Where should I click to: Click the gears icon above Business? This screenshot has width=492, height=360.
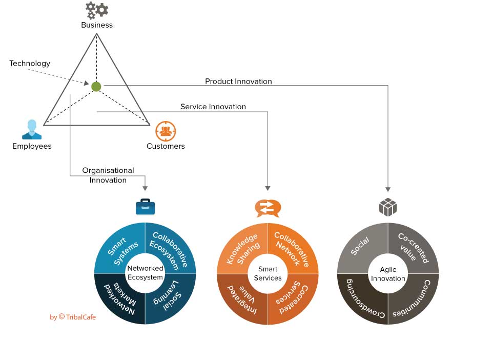click(x=97, y=10)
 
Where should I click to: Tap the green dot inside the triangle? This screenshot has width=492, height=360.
click(x=96, y=87)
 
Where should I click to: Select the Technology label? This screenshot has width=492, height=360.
click(x=30, y=64)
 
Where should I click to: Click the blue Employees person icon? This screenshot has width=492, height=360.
click(x=32, y=130)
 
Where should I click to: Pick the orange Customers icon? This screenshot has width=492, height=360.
click(x=166, y=131)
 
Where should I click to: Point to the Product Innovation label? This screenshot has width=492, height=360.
click(x=238, y=82)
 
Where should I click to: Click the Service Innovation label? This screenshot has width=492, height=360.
click(x=213, y=107)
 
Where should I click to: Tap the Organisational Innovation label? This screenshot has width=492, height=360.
click(x=108, y=175)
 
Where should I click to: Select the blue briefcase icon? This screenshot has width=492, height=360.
click(x=145, y=207)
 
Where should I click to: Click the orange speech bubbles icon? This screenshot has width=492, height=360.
click(x=268, y=208)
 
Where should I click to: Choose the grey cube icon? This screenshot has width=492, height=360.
click(x=388, y=207)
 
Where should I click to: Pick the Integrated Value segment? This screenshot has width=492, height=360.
click(x=241, y=299)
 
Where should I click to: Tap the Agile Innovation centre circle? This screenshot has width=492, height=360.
click(x=388, y=274)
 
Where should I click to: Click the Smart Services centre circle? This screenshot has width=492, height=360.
click(x=268, y=273)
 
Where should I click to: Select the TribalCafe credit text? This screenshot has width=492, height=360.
click(x=73, y=317)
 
